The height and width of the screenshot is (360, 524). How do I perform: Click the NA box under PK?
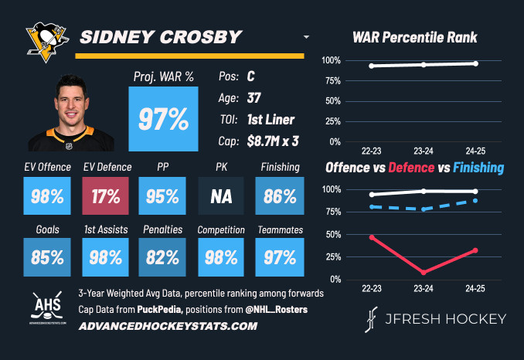(x=221, y=196)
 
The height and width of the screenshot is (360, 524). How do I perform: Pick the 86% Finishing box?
(x=280, y=196)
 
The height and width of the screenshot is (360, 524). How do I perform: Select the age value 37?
(x=253, y=99)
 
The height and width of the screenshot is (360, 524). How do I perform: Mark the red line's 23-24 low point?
(x=424, y=272)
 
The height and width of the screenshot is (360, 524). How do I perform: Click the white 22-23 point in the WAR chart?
(x=373, y=66)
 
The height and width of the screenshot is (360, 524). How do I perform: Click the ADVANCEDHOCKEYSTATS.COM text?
(x=168, y=327)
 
